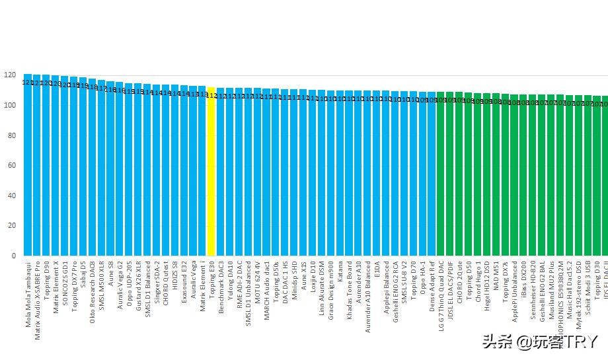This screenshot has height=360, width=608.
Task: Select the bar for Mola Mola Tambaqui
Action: click(x=28, y=165)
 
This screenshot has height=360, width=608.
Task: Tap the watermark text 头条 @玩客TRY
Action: click(x=540, y=342)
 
